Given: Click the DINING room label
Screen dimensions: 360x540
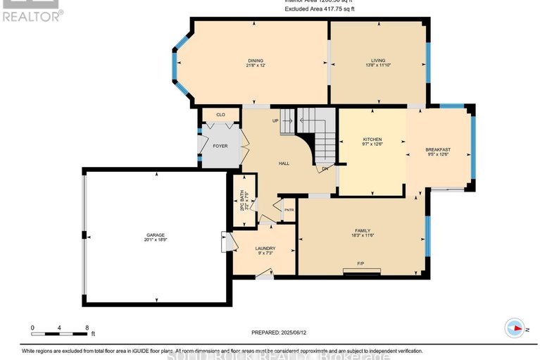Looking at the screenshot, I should [255, 61].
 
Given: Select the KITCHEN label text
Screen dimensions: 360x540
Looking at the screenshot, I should [372, 139].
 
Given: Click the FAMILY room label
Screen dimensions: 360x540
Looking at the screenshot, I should [363, 230].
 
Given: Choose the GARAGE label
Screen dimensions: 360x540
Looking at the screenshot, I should [156, 234].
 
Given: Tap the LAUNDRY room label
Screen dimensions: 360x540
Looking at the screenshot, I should [265, 248].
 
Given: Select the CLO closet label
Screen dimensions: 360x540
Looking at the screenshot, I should [220, 114].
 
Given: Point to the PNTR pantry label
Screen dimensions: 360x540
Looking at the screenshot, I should [289, 210].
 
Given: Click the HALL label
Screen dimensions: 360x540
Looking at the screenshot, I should [284, 163].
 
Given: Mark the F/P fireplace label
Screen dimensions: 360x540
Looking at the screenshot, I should [360, 263].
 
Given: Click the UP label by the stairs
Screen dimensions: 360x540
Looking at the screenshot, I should [276, 120].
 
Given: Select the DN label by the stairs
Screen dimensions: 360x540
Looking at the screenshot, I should [325, 168].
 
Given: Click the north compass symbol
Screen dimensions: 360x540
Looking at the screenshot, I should [517, 328].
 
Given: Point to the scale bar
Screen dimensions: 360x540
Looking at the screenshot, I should [59, 328].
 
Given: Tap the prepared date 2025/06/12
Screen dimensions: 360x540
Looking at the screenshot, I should [280, 333].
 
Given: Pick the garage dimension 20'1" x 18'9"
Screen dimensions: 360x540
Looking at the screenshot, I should [156, 240].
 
